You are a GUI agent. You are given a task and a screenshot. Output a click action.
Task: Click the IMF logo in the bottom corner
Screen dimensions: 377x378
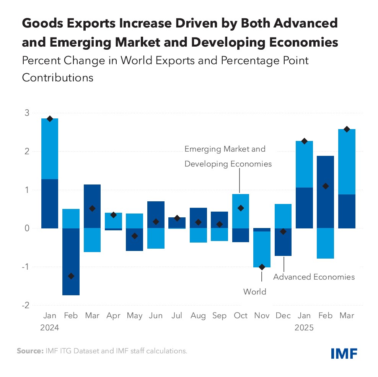tap(344, 353)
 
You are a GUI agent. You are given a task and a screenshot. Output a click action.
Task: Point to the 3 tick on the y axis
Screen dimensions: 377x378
tap(27, 113)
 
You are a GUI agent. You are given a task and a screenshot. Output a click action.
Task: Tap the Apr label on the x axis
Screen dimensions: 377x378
tap(113, 316)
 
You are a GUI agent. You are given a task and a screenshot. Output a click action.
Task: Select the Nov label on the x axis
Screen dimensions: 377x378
tap(262, 316)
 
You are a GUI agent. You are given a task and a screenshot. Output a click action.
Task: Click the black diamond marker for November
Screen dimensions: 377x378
tap(262, 267)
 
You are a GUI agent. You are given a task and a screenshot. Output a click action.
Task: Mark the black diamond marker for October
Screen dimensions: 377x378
tap(241, 208)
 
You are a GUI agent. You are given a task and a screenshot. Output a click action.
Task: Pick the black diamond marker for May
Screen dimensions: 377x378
tap(134, 236)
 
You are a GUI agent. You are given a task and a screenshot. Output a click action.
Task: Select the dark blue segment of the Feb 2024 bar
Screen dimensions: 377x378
tap(71, 262)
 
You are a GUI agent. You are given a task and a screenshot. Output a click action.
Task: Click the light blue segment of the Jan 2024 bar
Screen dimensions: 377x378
tap(50, 149)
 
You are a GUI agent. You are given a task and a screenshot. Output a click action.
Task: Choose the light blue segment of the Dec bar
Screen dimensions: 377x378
tap(283, 216)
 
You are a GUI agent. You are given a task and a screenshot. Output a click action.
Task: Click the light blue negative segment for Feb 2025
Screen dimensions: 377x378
tap(326, 243)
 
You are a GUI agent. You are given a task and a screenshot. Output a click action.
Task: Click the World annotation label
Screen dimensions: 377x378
tap(254, 292)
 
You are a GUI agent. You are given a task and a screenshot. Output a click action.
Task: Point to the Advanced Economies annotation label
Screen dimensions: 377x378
tap(314, 277)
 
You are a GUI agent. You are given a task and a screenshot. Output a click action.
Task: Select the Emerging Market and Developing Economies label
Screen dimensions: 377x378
tap(228, 156)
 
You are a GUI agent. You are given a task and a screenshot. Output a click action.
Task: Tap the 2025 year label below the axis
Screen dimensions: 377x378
tap(304, 328)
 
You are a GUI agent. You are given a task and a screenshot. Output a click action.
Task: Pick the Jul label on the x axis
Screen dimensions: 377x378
tap(177, 316)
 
